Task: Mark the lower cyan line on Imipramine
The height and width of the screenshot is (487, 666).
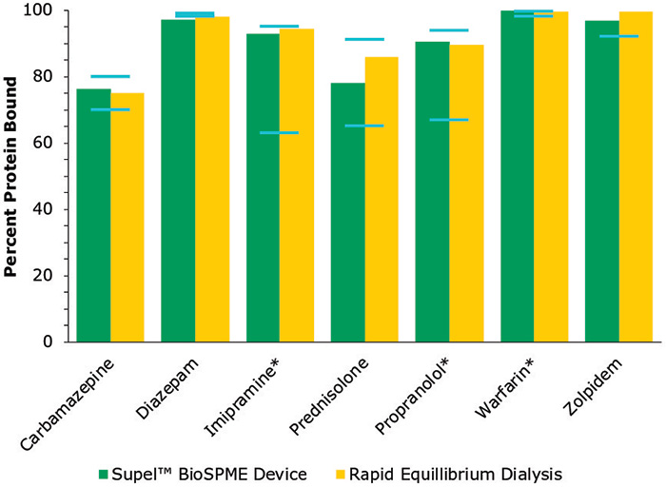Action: pyautogui.click(x=279, y=132)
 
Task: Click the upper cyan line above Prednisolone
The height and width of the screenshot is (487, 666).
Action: pyautogui.click(x=364, y=39)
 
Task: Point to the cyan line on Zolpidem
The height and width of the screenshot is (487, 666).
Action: pyautogui.click(x=619, y=36)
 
